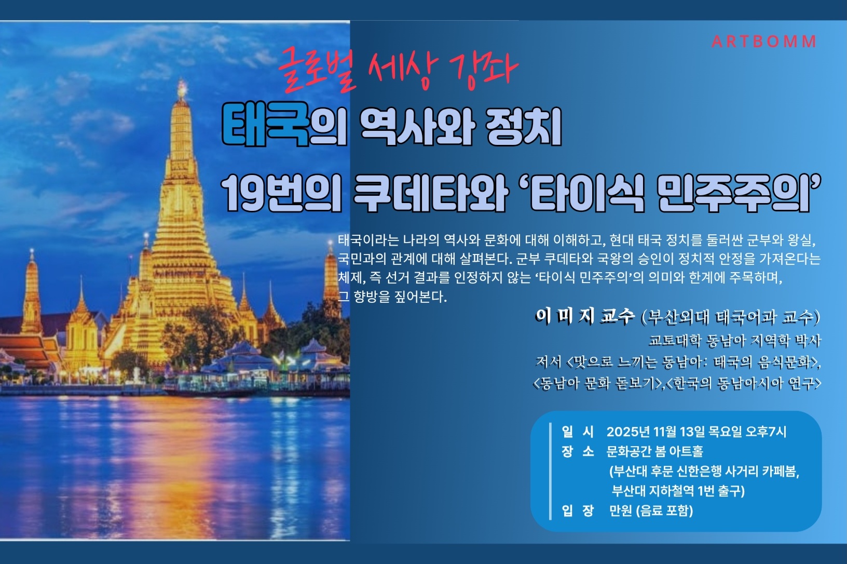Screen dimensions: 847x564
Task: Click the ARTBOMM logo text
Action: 764,42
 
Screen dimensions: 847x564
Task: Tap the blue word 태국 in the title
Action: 266,126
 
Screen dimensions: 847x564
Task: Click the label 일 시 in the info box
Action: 578,432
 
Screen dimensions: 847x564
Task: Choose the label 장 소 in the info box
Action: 578,451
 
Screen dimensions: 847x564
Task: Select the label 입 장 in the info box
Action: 578,511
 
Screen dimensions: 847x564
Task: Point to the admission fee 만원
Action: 621,511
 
